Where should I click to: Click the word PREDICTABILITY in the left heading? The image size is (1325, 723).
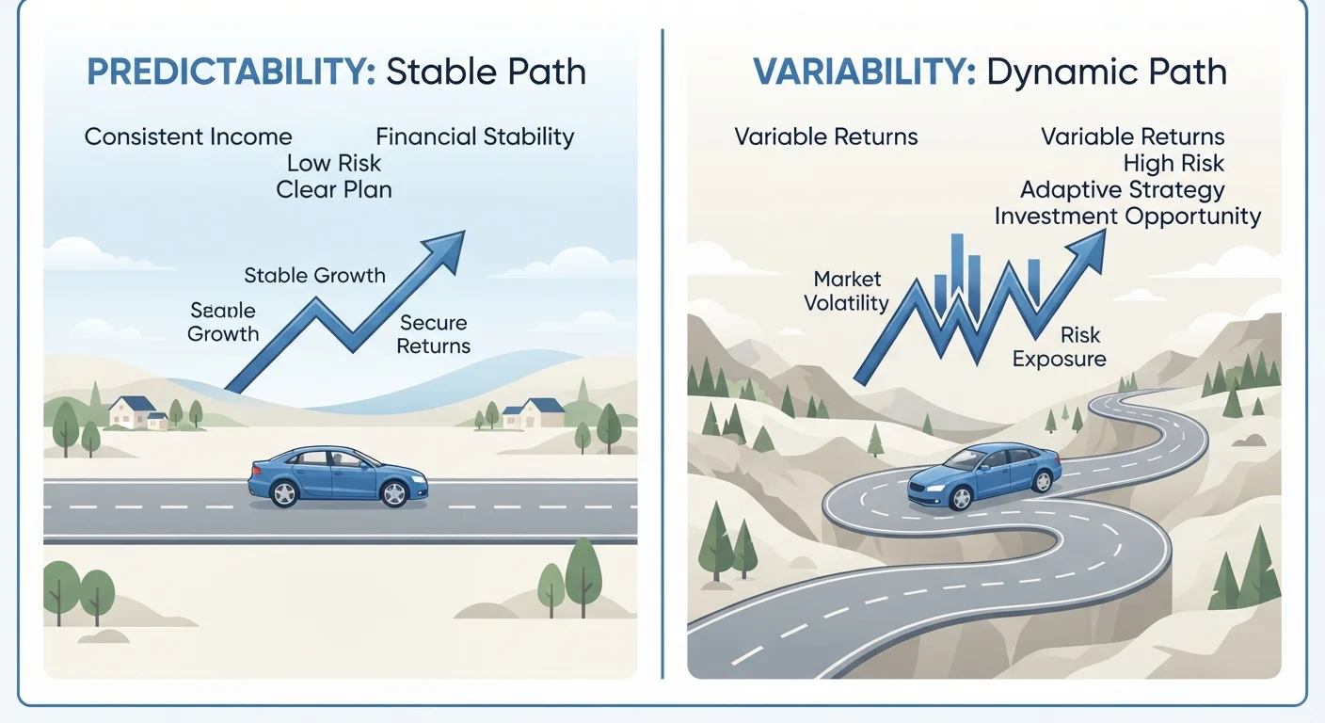click(231, 72)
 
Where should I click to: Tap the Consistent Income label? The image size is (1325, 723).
click(188, 137)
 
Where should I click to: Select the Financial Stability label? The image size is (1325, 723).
click(475, 137)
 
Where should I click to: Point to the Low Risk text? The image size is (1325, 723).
click(334, 163)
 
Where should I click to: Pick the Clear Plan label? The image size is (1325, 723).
click(334, 190)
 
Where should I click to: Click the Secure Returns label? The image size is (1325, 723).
click(434, 334)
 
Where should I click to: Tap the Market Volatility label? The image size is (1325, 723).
click(846, 291)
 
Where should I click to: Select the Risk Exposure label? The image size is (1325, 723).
click(1060, 346)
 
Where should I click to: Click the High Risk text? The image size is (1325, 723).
click(1173, 163)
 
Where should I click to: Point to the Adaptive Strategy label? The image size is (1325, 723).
click(1122, 190)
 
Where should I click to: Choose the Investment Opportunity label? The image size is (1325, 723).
click(1127, 217)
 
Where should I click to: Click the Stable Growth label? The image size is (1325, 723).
click(314, 276)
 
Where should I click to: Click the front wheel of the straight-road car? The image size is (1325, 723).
click(394, 493)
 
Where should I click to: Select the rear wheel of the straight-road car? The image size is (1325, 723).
click(284, 493)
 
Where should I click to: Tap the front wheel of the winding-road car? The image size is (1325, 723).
click(961, 498)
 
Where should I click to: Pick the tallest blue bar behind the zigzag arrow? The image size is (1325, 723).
click(957, 267)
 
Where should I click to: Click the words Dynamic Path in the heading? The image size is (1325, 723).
click(1107, 72)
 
